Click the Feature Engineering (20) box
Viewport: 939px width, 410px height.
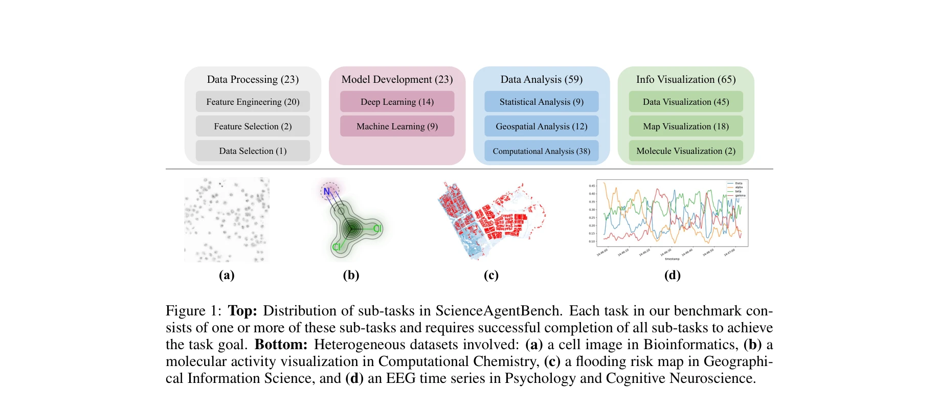(x=253, y=102)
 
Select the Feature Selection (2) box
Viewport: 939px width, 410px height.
(x=253, y=126)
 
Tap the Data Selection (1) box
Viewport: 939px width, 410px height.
(x=253, y=151)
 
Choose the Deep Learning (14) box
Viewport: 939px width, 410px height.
(x=397, y=102)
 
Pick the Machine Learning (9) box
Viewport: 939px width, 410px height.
(x=397, y=126)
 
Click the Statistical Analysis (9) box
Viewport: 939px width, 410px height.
(x=541, y=102)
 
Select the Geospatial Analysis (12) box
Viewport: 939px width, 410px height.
(x=541, y=126)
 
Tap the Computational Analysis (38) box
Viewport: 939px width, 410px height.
(x=541, y=151)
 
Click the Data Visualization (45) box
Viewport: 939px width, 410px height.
(x=686, y=102)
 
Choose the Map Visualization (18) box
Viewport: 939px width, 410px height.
(x=686, y=126)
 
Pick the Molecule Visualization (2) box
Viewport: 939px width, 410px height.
(x=686, y=151)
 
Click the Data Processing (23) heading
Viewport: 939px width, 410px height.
(x=253, y=79)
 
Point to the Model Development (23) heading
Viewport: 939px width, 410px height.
(x=397, y=79)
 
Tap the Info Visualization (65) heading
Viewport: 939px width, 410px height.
(x=686, y=79)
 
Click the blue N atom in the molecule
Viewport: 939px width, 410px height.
(x=327, y=192)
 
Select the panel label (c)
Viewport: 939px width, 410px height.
(x=491, y=275)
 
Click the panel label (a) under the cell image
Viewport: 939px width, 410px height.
(x=227, y=275)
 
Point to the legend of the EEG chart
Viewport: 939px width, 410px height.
(x=736, y=189)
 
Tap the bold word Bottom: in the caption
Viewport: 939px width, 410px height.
(x=281, y=345)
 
